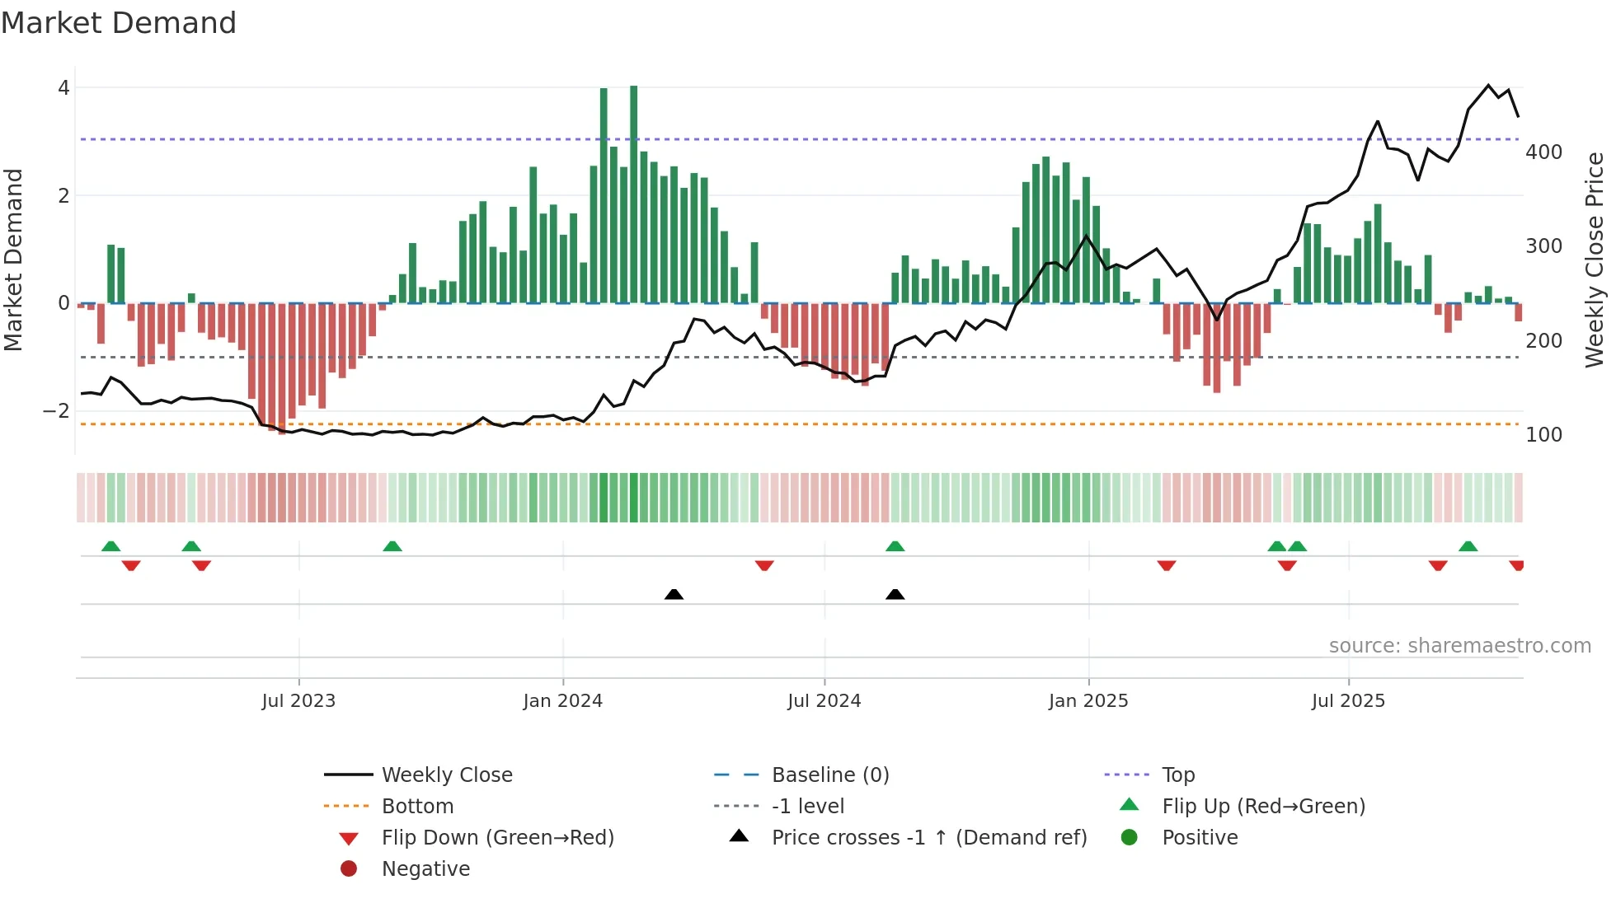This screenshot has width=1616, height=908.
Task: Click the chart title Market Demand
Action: pos(119,23)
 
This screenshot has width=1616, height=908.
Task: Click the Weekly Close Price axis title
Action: pos(1595,260)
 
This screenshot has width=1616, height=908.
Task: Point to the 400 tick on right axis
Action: pos(1543,152)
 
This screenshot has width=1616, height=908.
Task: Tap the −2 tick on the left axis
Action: pos(57,410)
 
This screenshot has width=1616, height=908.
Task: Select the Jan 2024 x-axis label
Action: pos(562,701)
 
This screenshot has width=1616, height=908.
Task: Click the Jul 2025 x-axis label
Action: pos(1348,701)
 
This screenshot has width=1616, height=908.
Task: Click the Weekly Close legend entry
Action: pos(446,775)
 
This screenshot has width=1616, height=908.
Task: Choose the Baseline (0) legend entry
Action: pos(829,775)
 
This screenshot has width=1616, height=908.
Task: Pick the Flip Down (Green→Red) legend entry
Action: pos(497,838)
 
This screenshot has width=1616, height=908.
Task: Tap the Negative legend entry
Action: pos(425,869)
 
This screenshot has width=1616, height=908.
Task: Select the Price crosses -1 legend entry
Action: pos(928,838)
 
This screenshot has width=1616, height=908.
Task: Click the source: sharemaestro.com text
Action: pos(1459,646)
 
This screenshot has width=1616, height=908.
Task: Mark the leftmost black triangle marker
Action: pos(674,594)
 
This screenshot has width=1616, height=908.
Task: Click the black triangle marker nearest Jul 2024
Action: pos(895,594)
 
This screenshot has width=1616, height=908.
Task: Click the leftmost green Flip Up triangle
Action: pos(110,546)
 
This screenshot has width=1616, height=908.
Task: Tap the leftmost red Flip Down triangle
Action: pos(131,565)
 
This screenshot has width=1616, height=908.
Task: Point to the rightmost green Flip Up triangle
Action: pos(1468,546)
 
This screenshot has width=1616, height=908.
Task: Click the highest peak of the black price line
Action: pos(1488,85)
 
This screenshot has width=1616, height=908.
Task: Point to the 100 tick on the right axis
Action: pos(1543,435)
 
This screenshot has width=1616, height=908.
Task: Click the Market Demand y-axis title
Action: pos(13,260)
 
